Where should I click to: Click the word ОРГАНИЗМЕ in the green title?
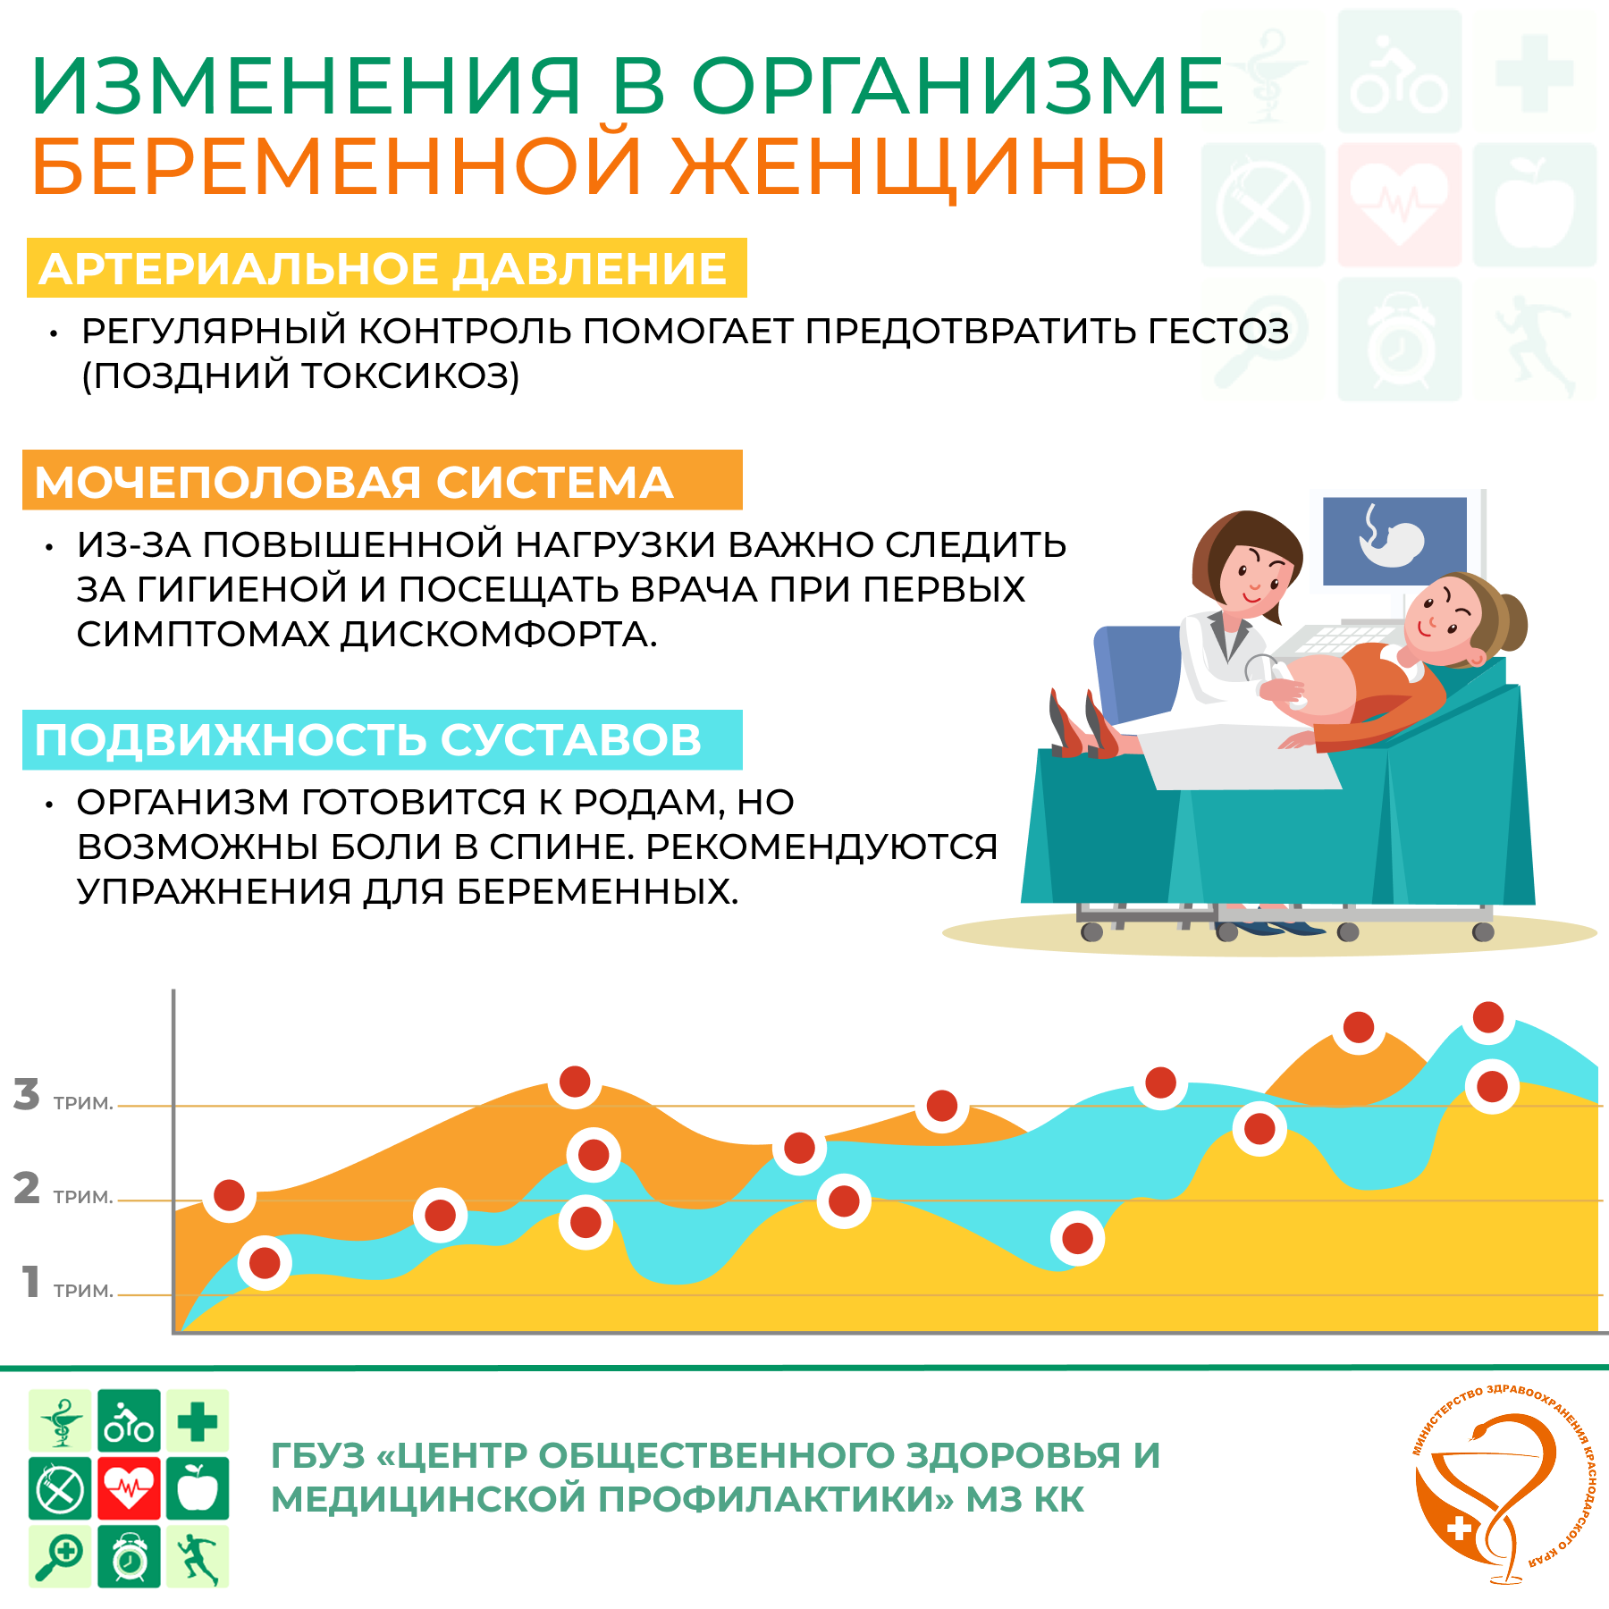click(x=957, y=86)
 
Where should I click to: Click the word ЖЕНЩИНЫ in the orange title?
click(x=919, y=168)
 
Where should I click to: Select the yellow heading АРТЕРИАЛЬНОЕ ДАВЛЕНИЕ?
click(x=383, y=269)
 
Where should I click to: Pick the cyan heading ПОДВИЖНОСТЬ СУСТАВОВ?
click(x=367, y=740)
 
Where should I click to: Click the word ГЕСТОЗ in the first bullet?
click(x=1218, y=331)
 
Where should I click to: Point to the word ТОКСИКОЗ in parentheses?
click(x=407, y=376)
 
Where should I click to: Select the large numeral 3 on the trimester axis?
click(x=27, y=1094)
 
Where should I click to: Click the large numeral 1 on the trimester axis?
click(x=31, y=1281)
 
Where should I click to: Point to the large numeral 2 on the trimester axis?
click(x=27, y=1188)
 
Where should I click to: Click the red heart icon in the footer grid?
click(x=130, y=1488)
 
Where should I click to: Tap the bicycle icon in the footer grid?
click(x=130, y=1420)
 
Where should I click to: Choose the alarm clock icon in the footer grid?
click(x=130, y=1556)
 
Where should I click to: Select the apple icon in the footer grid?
click(x=198, y=1488)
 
